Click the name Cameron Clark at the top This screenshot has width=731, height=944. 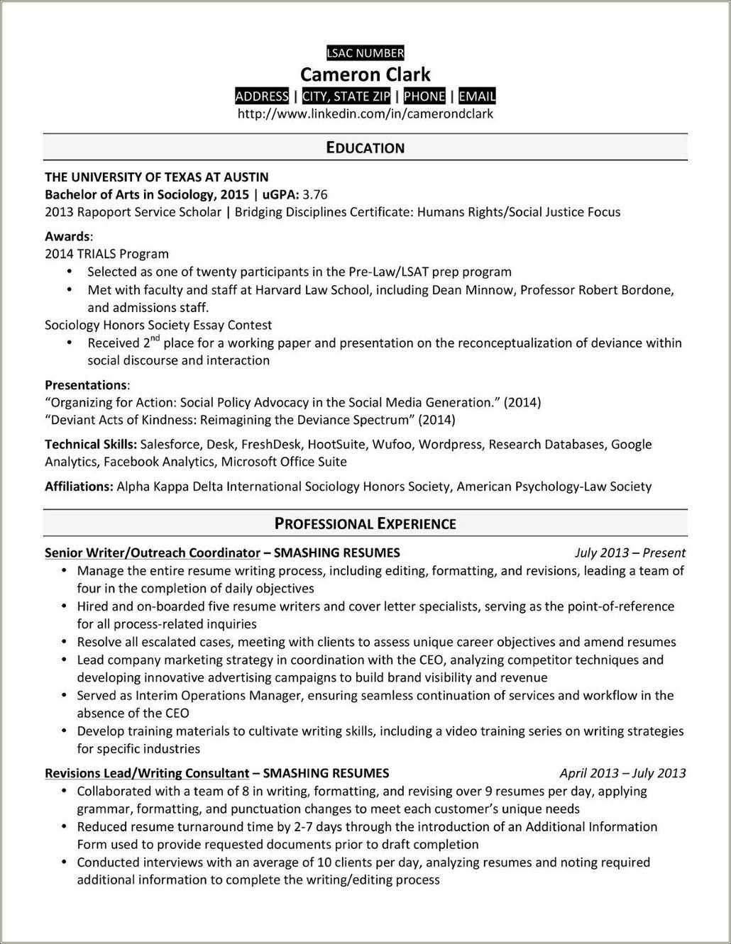[365, 74]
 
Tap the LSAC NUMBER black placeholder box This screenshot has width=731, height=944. [365, 52]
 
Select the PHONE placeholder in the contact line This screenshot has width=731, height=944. [424, 96]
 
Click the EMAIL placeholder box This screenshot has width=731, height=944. [477, 96]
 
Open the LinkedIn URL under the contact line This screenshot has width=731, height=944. [365, 113]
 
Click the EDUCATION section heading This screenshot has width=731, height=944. [365, 148]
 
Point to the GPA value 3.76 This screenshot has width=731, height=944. [314, 194]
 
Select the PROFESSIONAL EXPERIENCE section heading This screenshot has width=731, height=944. [365, 524]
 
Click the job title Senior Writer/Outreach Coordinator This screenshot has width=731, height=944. [152, 553]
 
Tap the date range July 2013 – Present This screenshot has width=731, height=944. [630, 553]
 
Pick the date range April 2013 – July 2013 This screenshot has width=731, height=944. [622, 773]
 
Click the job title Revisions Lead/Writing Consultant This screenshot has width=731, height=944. [147, 773]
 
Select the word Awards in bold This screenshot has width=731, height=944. [67, 236]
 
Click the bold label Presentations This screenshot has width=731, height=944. [85, 385]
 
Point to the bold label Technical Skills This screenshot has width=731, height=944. [90, 445]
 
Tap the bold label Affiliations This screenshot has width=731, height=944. [78, 487]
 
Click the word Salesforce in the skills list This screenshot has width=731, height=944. [170, 445]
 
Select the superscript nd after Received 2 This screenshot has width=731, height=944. [155, 338]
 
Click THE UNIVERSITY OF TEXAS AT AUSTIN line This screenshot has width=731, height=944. [156, 177]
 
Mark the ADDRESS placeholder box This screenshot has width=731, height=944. [261, 96]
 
